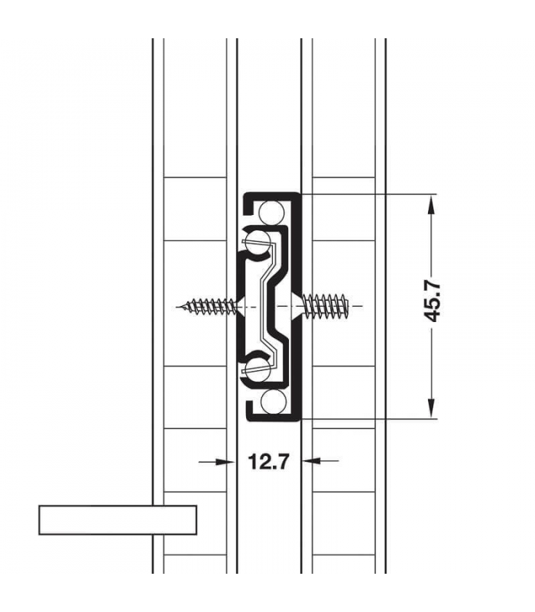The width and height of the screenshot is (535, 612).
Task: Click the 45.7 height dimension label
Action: point(433,299)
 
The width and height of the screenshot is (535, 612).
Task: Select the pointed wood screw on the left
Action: point(208,307)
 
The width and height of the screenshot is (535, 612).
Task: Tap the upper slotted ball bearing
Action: point(259,240)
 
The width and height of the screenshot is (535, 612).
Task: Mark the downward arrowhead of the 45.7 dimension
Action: point(432,409)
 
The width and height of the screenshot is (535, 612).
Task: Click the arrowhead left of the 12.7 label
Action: point(225,461)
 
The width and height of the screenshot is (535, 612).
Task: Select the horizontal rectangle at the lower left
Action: point(118,519)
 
